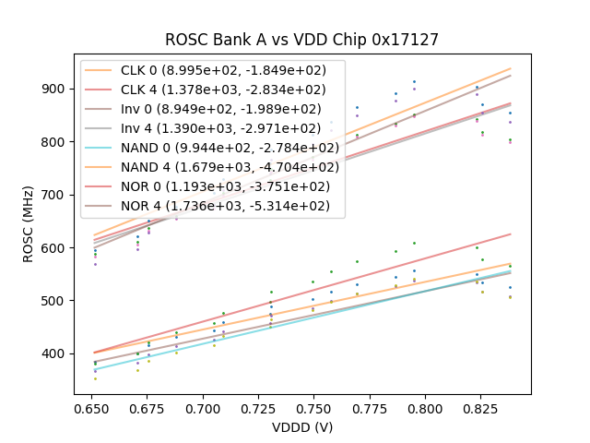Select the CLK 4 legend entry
pos(222,90)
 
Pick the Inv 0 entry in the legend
pos(221,109)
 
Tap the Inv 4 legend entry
pos(221,128)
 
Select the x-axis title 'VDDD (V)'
pos(301,427)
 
